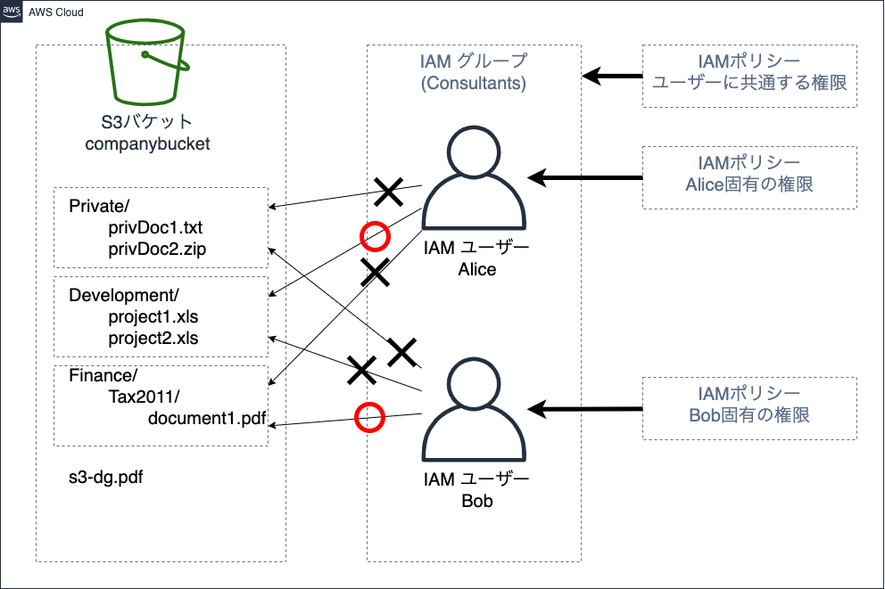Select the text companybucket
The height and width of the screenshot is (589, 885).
[147, 143]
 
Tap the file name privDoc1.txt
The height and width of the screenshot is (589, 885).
[157, 228]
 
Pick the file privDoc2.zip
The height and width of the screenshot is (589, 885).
[157, 249]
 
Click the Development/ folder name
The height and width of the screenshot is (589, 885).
[124, 295]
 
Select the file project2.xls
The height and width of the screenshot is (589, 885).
[153, 338]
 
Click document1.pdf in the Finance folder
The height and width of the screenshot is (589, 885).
[207, 417]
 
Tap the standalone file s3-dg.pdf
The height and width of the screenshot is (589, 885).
[106, 477]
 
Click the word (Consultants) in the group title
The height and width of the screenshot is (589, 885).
[473, 84]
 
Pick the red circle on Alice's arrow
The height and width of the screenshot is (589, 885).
[375, 236]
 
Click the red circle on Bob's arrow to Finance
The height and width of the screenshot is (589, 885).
[369, 417]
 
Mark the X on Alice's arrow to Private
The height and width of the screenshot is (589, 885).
[388, 190]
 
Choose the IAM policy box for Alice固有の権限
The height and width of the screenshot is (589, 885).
[749, 176]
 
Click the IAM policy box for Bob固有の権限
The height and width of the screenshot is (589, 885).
[749, 407]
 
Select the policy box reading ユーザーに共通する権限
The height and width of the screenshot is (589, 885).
[749, 76]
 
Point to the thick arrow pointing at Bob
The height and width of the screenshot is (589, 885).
[584, 409]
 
